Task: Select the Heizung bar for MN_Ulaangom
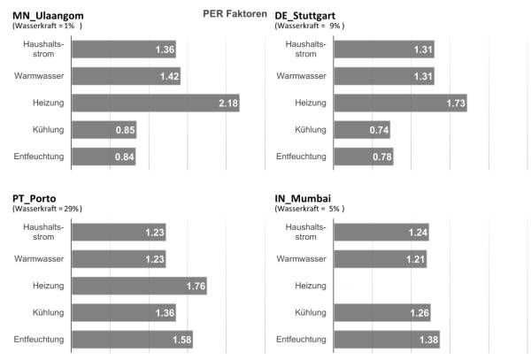click(155, 104)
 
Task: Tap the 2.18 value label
click(228, 104)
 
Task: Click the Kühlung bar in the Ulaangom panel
click(104, 131)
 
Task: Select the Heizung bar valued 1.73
click(401, 103)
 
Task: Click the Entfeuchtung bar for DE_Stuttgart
click(364, 157)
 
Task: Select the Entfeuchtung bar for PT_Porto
click(132, 340)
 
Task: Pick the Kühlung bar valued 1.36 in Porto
click(123, 312)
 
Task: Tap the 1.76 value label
click(196, 286)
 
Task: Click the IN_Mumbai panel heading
click(306, 197)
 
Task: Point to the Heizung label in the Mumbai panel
click(310, 286)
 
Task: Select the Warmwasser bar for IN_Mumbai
click(381, 259)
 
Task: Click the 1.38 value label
click(428, 340)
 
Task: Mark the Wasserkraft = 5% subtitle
click(310, 209)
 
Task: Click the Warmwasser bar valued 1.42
click(126, 77)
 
